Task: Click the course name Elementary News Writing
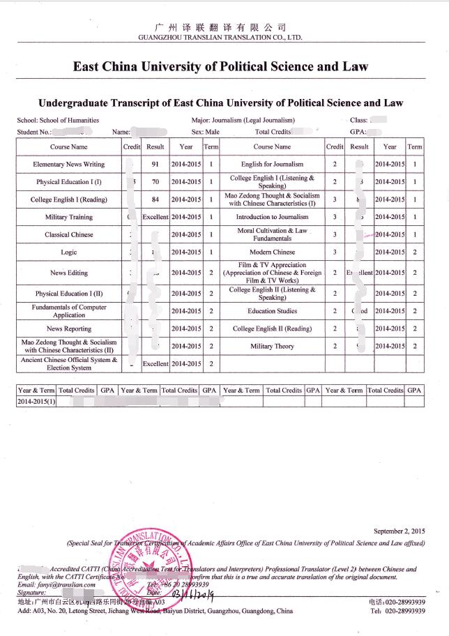click(69, 165)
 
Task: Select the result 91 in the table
click(155, 165)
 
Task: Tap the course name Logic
click(69, 252)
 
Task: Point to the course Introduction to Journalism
click(272, 217)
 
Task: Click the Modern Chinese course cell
click(272, 252)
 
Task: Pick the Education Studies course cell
click(272, 312)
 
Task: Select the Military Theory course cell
click(272, 347)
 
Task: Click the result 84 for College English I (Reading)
click(155, 199)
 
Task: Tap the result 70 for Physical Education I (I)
click(155, 182)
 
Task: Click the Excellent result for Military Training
click(155, 217)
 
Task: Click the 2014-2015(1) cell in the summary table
click(36, 402)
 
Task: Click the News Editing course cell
click(69, 273)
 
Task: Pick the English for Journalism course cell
click(272, 165)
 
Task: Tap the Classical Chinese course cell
click(69, 235)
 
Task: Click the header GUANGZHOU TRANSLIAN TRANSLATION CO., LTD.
click(220, 36)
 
